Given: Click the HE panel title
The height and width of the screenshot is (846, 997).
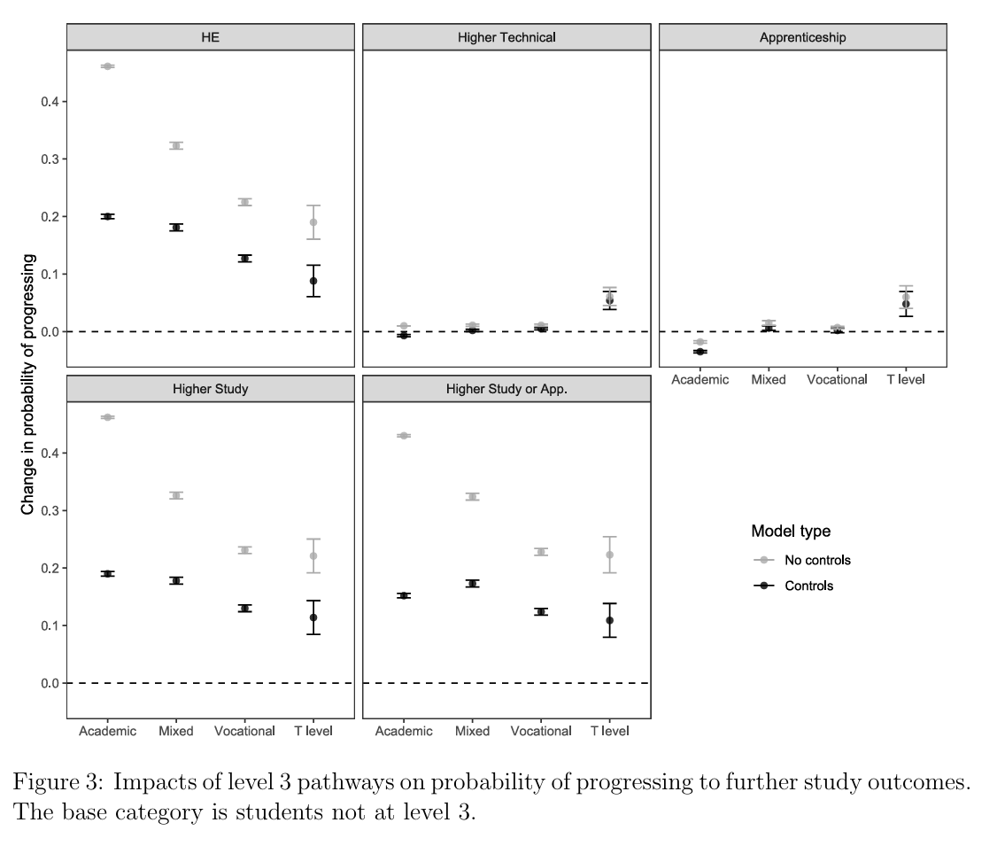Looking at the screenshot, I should click(x=210, y=37).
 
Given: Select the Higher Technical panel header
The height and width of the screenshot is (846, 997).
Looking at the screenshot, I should click(x=506, y=37).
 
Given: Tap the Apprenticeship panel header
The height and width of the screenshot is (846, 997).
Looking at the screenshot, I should click(x=802, y=37).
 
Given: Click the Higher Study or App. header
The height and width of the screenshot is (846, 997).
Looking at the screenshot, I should click(x=506, y=389).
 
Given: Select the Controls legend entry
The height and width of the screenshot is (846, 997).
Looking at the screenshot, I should click(x=808, y=586).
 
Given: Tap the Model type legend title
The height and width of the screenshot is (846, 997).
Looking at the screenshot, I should click(x=791, y=531).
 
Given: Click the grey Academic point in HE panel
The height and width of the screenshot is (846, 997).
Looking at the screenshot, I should click(x=107, y=66).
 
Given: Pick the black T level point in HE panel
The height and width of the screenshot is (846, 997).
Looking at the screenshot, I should click(x=313, y=281).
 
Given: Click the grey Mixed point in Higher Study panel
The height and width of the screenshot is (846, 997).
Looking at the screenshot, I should click(x=176, y=495).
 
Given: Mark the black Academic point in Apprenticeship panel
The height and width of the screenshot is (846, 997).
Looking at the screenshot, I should click(x=699, y=352).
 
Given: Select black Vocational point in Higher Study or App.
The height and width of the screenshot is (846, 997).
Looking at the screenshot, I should click(x=541, y=611).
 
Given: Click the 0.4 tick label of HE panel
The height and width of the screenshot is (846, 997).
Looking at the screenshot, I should click(x=50, y=102).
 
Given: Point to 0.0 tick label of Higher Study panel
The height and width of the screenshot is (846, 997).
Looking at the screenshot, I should click(x=50, y=683).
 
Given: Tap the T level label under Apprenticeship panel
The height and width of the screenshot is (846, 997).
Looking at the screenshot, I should click(x=905, y=379).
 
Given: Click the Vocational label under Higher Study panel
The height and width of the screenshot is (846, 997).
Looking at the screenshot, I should click(x=244, y=731).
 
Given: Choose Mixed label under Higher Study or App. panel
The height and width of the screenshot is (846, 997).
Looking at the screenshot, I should click(x=472, y=731).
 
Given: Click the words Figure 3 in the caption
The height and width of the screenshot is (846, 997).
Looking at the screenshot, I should click(x=58, y=782).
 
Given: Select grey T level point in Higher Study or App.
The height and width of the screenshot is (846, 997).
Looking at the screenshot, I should click(x=609, y=555).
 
